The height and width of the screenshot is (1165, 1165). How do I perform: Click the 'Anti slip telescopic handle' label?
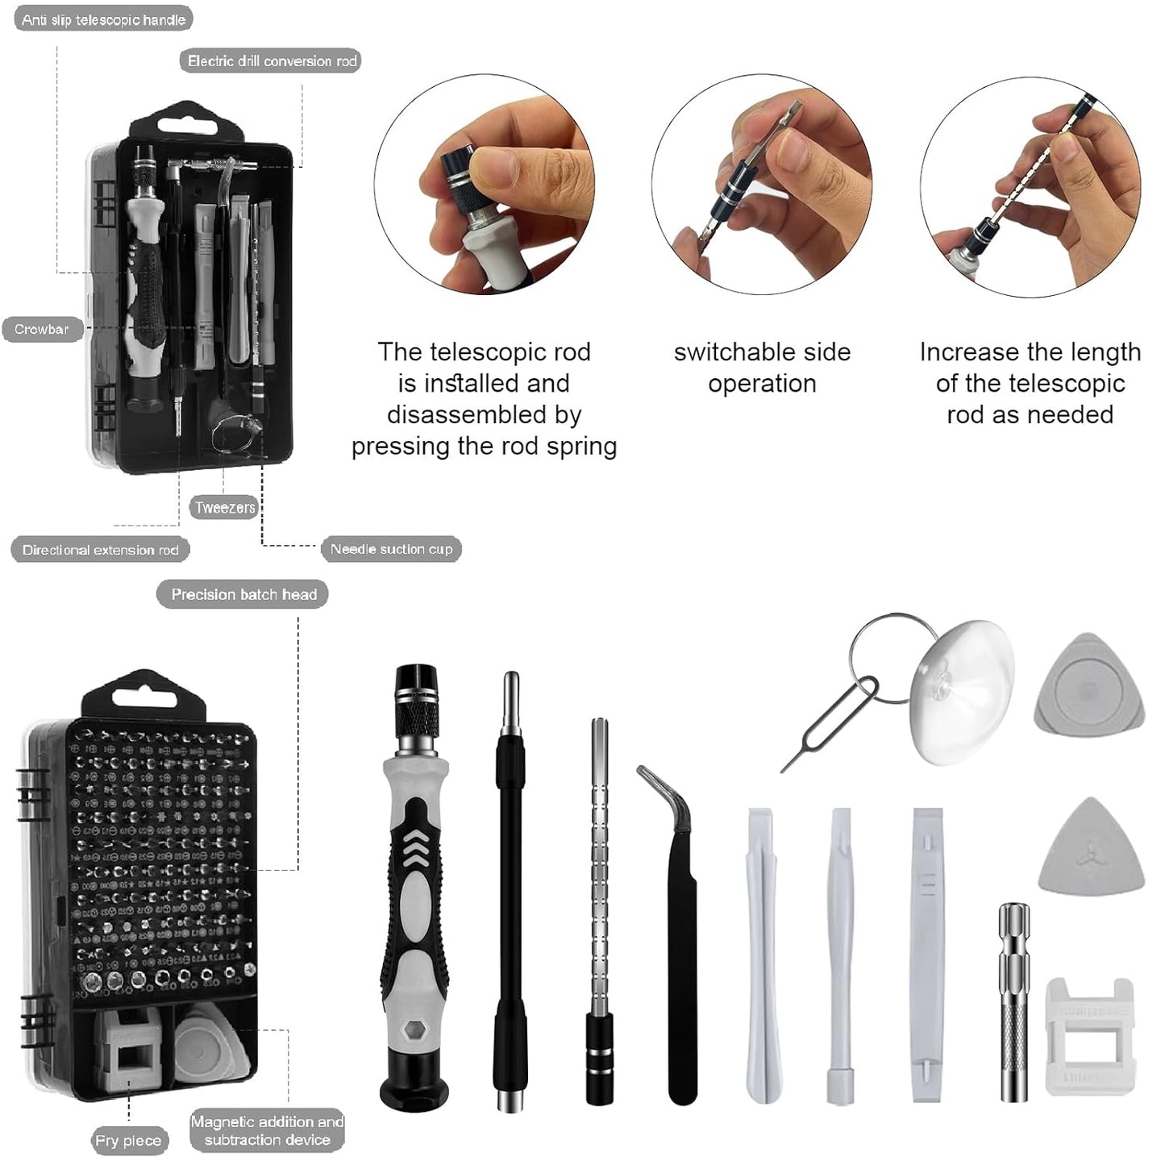[103, 19]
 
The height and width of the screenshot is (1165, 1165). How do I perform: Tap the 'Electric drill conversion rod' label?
[271, 60]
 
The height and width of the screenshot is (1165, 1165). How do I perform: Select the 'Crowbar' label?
[42, 329]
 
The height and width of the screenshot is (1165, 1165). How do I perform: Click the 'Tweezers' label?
[224, 507]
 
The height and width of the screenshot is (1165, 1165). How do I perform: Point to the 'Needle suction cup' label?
[391, 549]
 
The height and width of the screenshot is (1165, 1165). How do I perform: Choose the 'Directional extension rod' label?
[100, 550]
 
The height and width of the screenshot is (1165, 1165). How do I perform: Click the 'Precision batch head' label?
[243, 594]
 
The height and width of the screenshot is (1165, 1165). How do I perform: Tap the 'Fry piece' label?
[128, 1140]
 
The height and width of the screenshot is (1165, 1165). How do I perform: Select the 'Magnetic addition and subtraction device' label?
[267, 1130]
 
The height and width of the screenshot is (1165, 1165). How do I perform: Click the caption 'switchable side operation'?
[762, 368]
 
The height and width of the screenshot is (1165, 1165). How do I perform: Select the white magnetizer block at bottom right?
[1088, 1036]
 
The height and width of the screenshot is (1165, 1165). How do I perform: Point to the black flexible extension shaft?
[510, 887]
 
